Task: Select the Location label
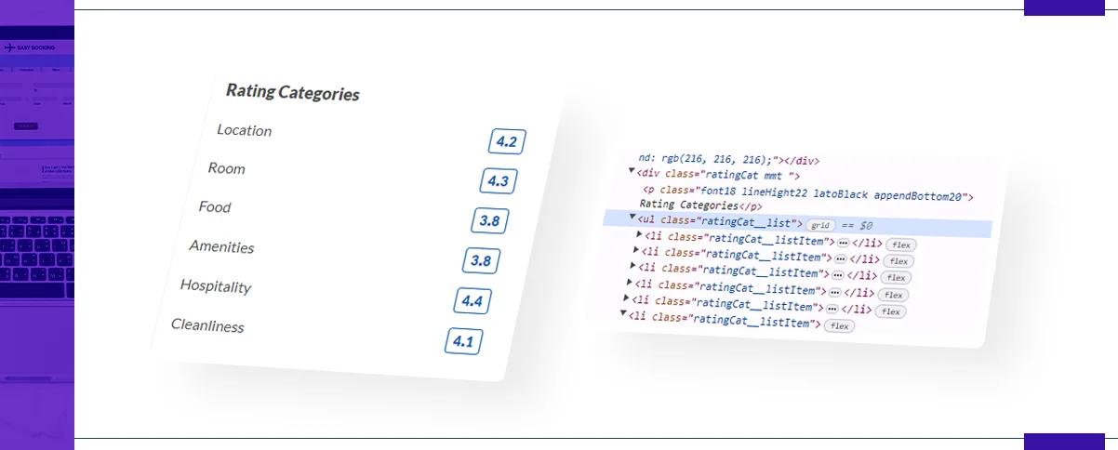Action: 244,130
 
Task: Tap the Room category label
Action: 226,168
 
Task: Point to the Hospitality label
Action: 216,286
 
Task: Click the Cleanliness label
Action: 207,326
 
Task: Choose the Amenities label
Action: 221,246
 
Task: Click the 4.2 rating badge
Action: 507,142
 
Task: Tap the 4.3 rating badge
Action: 498,181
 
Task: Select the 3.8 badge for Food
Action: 489,221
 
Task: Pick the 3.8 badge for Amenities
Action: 481,261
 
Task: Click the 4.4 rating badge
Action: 472,301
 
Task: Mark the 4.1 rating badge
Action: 462,342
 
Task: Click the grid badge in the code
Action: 819,225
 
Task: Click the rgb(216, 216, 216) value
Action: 715,160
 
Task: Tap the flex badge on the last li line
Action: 840,325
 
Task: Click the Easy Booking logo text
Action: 35,47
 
